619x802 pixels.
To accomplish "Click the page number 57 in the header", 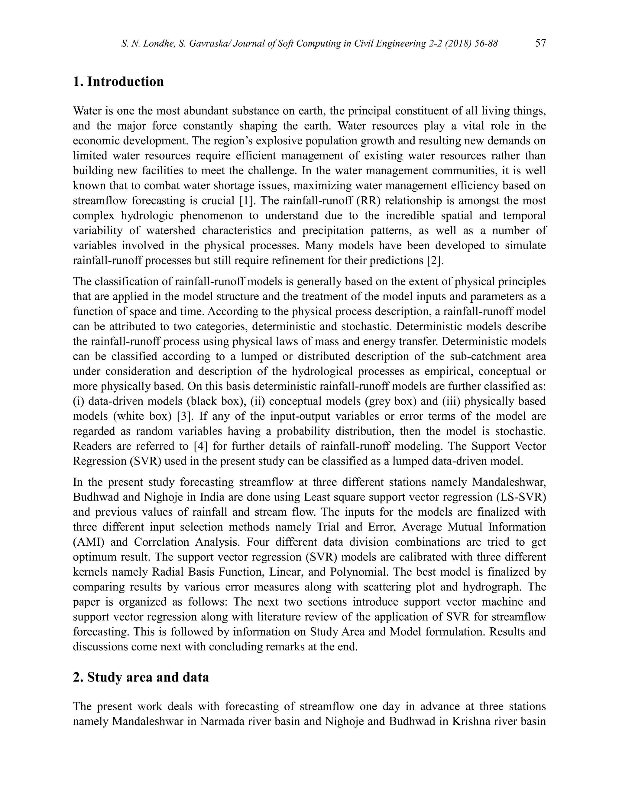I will click(540, 43).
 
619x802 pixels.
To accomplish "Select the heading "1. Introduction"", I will click(118, 81).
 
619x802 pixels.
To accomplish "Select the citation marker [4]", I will click(201, 446).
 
